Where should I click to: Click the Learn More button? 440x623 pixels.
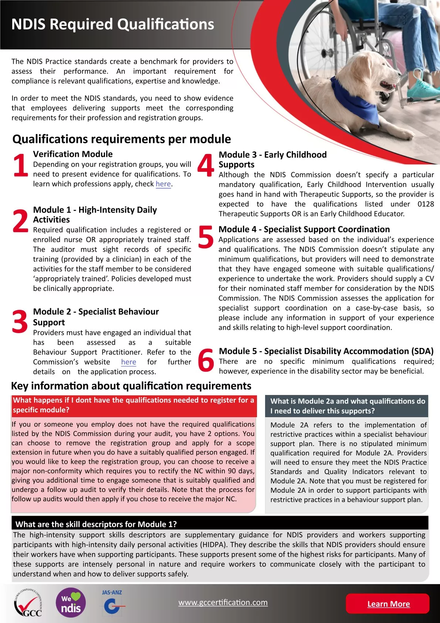pos(388,604)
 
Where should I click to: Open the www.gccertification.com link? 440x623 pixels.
pos(223,602)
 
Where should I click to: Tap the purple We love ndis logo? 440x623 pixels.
pos(71,603)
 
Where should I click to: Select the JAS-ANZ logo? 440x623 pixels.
pos(112,602)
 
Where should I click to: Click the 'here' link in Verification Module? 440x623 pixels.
pos(163,184)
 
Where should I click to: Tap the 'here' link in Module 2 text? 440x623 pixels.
pos(129,362)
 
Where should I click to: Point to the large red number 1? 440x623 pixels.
pos(20,165)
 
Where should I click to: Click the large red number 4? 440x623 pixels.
pos(206,165)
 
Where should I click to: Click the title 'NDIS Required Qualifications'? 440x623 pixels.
pos(113,24)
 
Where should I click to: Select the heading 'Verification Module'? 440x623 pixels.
pos(73,154)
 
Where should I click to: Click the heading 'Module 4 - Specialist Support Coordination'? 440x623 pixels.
pos(304,230)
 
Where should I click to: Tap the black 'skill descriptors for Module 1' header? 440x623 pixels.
pos(220,524)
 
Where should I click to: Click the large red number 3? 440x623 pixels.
pos(20,322)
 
